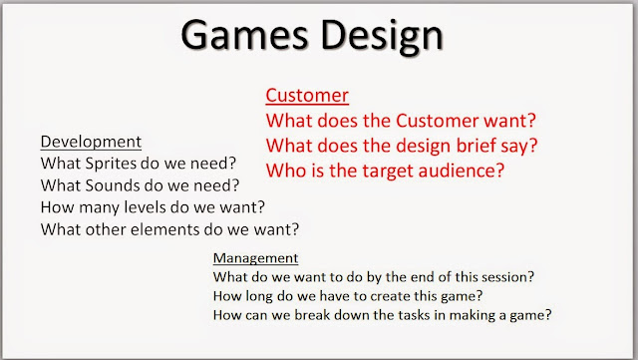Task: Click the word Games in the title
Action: [244, 35]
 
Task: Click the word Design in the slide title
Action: [382, 37]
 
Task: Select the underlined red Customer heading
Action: [307, 96]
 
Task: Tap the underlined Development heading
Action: [91, 142]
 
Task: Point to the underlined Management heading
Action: [255, 258]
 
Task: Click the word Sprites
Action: [109, 164]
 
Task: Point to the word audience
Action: [462, 171]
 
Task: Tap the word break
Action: [312, 315]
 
